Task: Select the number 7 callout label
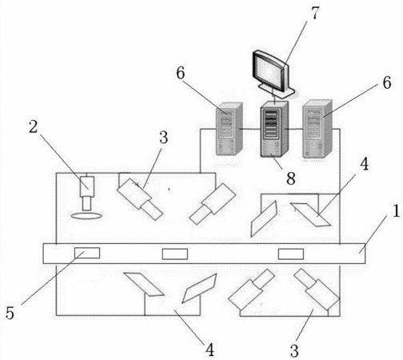(315, 13)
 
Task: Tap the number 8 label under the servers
(291, 178)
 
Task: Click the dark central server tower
(274, 129)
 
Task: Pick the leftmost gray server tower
(229, 129)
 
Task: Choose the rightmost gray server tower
(317, 129)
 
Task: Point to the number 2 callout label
(34, 126)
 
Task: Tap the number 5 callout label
(10, 313)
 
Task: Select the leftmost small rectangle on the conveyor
(87, 253)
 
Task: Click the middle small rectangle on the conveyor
(175, 254)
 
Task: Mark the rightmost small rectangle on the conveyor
(291, 254)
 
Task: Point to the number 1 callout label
(397, 210)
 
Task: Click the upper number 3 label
(164, 138)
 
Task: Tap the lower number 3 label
(294, 350)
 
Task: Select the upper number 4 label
(364, 164)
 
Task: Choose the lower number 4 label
(210, 350)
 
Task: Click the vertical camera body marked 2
(87, 186)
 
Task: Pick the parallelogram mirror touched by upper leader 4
(310, 214)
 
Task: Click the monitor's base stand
(277, 90)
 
